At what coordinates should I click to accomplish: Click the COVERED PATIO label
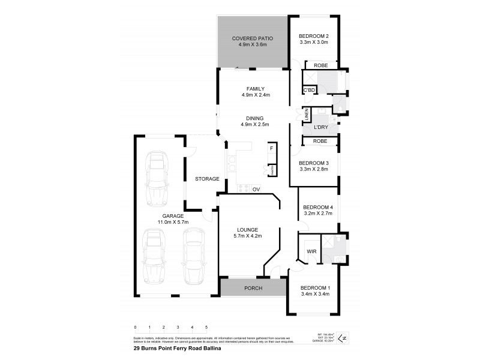point(253,38)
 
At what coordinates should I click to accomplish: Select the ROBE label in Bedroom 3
point(319,141)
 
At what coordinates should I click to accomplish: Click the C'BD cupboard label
point(309,90)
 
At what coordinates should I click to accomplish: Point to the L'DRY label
point(320,128)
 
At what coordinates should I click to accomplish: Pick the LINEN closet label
point(307,115)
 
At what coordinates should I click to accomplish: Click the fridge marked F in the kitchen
point(272,148)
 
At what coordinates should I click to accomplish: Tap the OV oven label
point(256,190)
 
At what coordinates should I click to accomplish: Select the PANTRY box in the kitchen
point(271,170)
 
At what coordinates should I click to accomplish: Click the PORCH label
point(253,288)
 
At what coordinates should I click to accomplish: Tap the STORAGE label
point(206,179)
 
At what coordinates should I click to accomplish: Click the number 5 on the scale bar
point(206,327)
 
